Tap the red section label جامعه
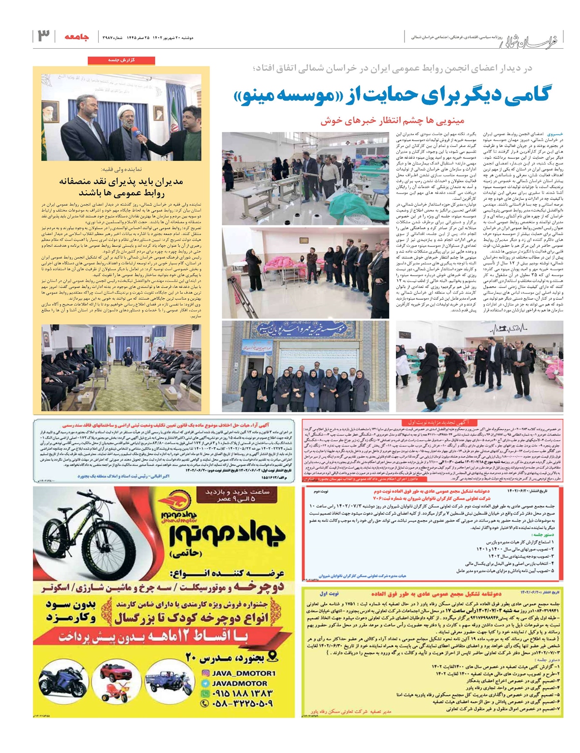[76, 36]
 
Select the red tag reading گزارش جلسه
[121, 60]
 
